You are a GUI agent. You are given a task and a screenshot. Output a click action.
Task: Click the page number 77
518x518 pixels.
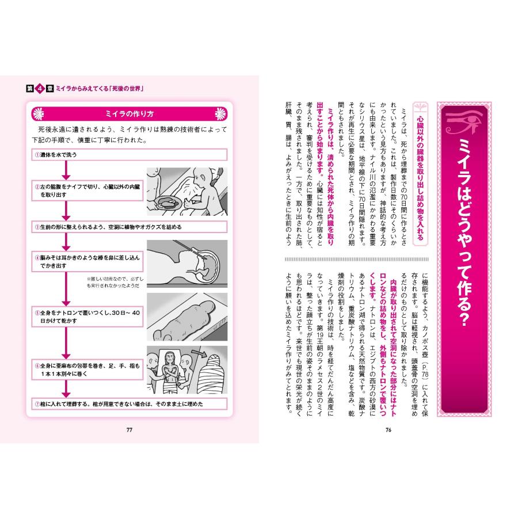coord(129,428)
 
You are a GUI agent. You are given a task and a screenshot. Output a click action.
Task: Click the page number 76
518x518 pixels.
coord(388,428)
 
